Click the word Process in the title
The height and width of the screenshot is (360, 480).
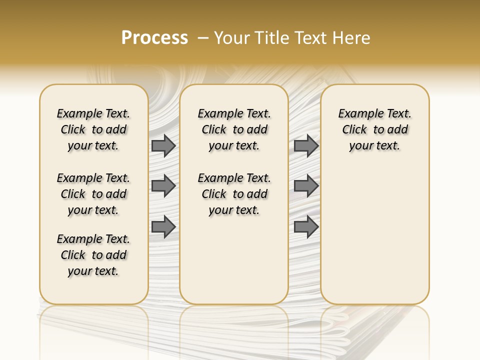tap(154, 38)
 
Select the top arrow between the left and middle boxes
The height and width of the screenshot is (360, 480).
tap(163, 146)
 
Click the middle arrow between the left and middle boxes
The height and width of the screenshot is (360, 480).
tap(163, 186)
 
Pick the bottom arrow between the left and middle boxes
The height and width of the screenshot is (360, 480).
tap(163, 227)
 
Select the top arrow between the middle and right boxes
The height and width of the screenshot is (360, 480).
tap(306, 146)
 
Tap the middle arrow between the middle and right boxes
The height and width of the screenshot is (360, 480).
tap(306, 186)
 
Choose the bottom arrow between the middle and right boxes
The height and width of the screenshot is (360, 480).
tap(306, 227)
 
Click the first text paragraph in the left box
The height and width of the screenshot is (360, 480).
tap(93, 129)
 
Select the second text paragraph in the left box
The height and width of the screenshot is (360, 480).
tap(93, 194)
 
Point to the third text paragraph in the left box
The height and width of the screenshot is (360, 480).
tap(93, 255)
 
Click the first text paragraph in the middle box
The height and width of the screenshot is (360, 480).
tap(234, 129)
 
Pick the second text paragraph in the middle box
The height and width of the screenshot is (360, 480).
tap(234, 194)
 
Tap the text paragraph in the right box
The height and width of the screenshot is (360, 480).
tap(375, 129)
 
